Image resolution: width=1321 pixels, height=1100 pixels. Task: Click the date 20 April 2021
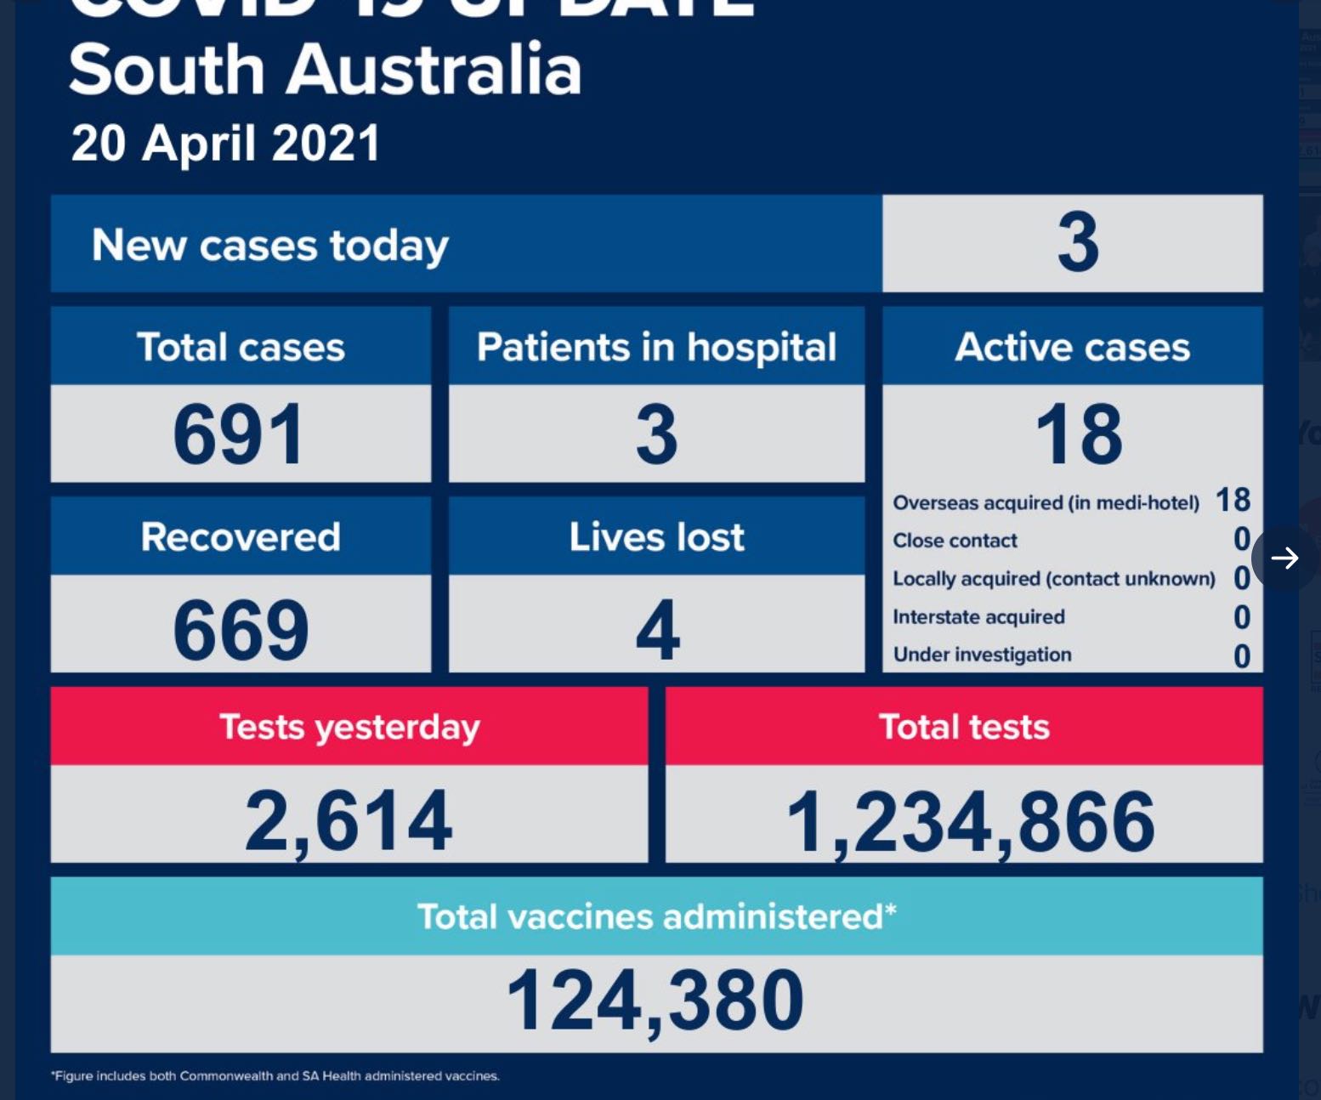coord(225,143)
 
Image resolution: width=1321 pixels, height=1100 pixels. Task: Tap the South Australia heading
coord(325,70)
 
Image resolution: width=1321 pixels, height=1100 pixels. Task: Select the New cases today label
coord(269,246)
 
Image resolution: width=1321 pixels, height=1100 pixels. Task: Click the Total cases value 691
coord(239,434)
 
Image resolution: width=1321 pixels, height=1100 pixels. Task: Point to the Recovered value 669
coord(241,630)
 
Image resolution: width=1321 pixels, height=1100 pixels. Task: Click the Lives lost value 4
coord(657,630)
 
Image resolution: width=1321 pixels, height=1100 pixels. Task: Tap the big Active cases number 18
coord(1079,434)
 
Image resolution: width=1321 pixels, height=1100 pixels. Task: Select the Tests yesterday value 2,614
coord(349,820)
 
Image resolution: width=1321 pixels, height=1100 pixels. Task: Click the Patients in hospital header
coord(656,347)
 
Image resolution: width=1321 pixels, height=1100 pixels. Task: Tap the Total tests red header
coord(964,727)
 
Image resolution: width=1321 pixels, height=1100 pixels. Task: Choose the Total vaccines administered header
coord(656,916)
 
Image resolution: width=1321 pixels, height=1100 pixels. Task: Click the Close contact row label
coord(955,541)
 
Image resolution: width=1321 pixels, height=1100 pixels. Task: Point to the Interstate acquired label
coord(978,617)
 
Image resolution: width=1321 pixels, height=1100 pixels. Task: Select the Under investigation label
coord(982,655)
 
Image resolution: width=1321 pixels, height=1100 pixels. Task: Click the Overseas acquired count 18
coord(1233,500)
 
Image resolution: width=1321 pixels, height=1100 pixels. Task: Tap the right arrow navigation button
coord(1284,558)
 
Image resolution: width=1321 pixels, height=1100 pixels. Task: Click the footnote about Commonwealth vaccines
coord(275,1076)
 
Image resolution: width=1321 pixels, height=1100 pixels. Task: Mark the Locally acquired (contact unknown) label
coord(1054,579)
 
